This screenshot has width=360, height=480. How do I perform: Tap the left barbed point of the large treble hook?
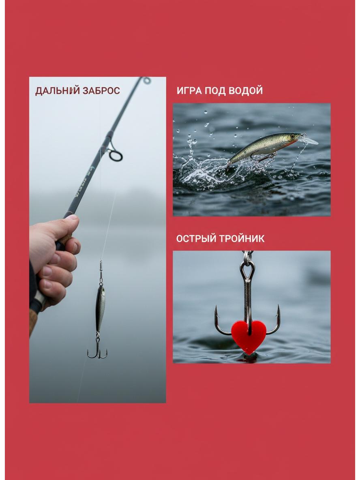click(x=216, y=312)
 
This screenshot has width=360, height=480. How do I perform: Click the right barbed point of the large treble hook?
click(x=278, y=311)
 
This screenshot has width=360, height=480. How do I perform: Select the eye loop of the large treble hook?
click(x=247, y=270)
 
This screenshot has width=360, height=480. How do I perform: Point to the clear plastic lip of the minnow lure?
click(x=308, y=140)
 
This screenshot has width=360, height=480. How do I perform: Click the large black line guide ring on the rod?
click(x=116, y=155)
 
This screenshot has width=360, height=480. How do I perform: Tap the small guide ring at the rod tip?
click(x=147, y=81)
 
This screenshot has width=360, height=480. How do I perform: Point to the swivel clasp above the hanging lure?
click(x=101, y=272)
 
